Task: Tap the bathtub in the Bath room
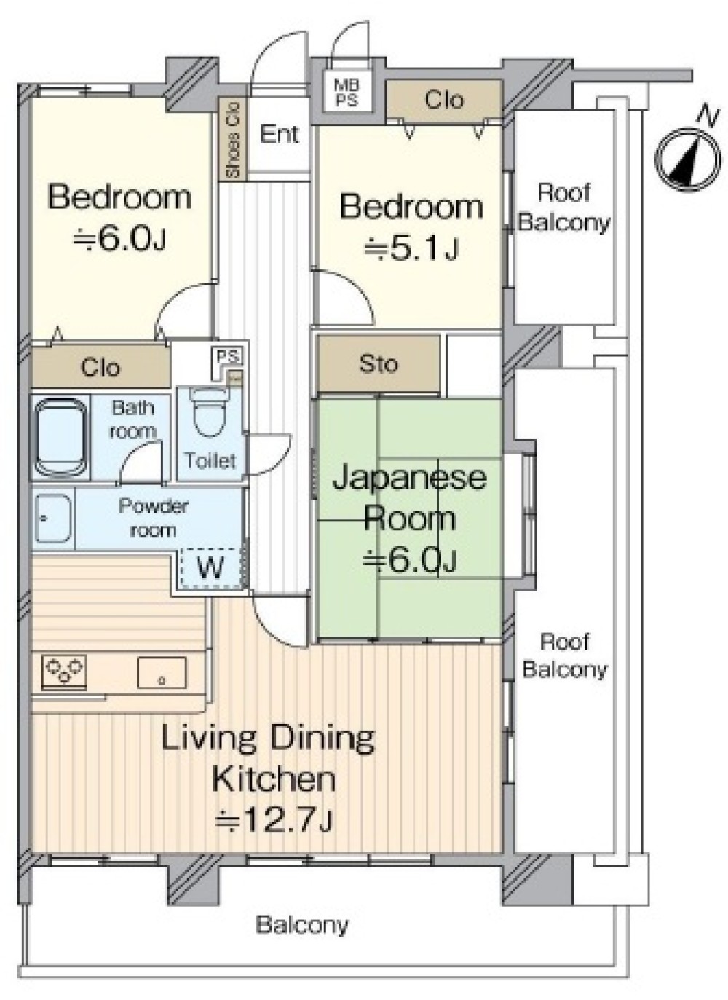click(60, 437)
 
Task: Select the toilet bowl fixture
click(204, 412)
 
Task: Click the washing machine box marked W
click(210, 568)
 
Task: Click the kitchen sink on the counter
click(162, 672)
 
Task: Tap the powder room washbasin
click(53, 519)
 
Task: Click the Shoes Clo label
click(233, 139)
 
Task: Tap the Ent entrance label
click(279, 134)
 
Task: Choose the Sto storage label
click(379, 364)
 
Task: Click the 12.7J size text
click(273, 819)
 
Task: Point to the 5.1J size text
click(411, 248)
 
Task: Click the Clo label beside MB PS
click(444, 100)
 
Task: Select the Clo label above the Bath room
click(100, 367)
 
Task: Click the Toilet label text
click(210, 460)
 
